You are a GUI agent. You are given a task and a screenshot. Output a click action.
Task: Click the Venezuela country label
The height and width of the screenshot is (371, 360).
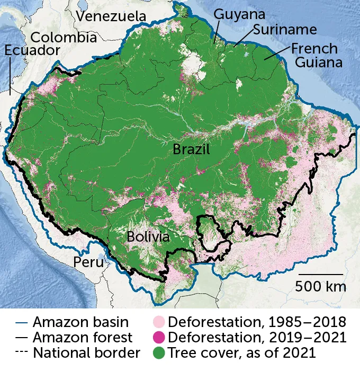[x=111, y=16]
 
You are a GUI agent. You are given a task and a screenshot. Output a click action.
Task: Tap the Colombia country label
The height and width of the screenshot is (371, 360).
[x=64, y=38]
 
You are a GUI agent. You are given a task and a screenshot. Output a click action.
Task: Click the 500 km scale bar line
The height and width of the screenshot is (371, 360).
[x=320, y=274]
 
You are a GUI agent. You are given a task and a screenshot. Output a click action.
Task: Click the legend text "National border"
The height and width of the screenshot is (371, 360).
[x=86, y=352]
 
